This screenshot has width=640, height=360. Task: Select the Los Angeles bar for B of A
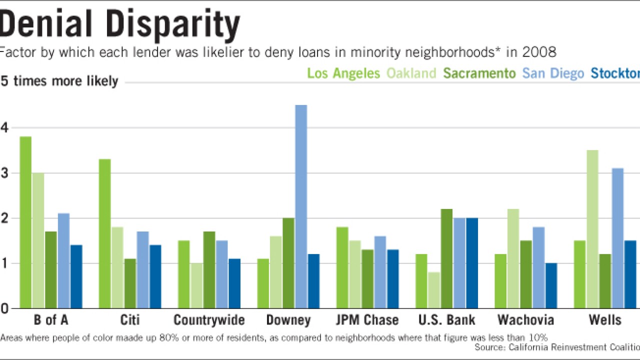[25, 222]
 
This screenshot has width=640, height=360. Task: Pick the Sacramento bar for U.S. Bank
[447, 258]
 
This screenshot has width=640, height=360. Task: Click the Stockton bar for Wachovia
[551, 285]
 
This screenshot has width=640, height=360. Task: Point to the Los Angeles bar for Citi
[104, 233]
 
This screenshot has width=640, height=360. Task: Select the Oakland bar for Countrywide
[196, 285]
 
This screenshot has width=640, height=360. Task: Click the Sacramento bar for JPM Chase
[367, 279]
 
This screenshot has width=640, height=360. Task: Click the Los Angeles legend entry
[343, 73]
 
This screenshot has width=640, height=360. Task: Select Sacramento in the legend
[479, 73]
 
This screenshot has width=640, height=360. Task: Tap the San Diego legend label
[553, 73]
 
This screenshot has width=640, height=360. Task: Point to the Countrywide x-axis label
[209, 320]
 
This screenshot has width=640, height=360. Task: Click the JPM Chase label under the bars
[367, 320]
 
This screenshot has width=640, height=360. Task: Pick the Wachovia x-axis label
[526, 320]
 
